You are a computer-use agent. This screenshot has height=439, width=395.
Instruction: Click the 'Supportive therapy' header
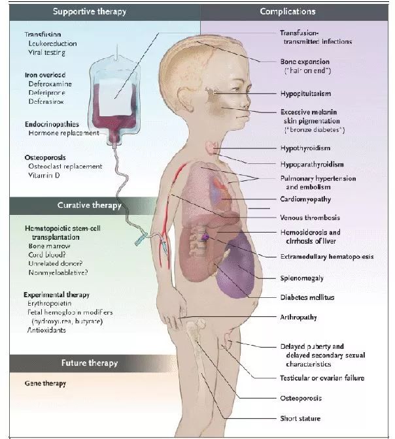(90, 12)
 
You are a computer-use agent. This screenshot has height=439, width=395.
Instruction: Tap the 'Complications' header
(288, 12)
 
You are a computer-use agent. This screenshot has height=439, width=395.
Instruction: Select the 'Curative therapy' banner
(90, 205)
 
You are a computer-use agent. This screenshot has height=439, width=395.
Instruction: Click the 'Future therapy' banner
(90, 363)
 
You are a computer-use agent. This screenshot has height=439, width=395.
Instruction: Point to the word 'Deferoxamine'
(50, 84)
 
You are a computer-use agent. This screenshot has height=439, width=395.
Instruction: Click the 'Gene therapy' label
(45, 383)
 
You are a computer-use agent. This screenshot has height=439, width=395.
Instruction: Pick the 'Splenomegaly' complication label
(302, 278)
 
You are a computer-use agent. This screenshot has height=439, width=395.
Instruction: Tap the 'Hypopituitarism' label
(305, 93)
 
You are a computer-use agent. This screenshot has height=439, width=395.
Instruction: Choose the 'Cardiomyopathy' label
(305, 199)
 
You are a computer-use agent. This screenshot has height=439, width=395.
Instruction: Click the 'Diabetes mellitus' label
(307, 297)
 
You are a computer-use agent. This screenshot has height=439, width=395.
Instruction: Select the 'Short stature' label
(300, 419)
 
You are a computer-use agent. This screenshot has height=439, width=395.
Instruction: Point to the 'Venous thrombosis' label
(310, 218)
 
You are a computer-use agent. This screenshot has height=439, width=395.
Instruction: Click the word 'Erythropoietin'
(49, 304)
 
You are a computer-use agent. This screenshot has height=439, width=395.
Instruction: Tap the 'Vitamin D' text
(44, 175)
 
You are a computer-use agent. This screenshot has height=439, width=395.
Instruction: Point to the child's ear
(186, 100)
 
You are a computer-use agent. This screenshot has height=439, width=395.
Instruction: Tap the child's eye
(237, 89)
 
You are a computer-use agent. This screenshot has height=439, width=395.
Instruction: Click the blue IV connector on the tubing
(141, 238)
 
